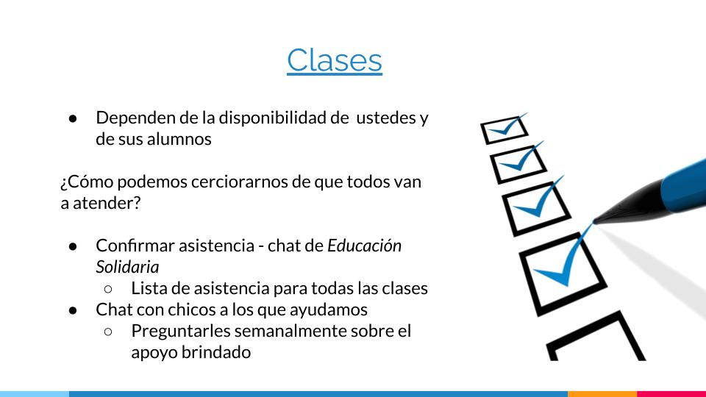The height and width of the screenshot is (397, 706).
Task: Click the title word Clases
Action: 335,60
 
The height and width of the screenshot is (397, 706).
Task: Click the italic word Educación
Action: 364,246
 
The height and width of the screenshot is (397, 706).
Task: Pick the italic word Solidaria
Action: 127,267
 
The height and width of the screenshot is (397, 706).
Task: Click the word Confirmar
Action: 135,246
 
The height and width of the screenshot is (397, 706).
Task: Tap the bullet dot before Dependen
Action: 73,118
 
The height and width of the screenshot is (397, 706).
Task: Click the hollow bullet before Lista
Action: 108,288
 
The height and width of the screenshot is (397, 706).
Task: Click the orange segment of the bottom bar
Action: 602,394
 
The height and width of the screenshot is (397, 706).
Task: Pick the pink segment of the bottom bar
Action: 671,394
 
